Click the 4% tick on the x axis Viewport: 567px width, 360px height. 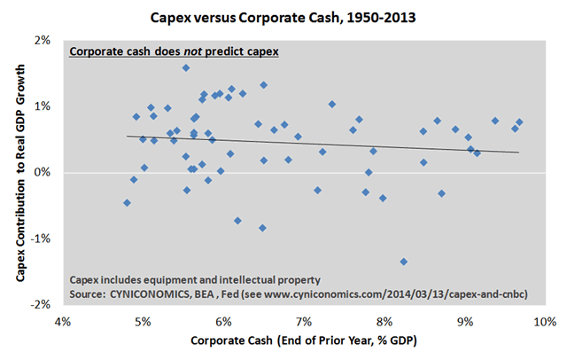[x=62, y=320]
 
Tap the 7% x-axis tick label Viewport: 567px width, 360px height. [x=304, y=320]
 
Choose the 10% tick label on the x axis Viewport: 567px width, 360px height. [x=543, y=320]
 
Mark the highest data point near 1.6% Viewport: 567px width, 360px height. [x=186, y=67]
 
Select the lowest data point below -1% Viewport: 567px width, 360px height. [x=404, y=262]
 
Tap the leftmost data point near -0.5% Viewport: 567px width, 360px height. [x=127, y=203]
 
